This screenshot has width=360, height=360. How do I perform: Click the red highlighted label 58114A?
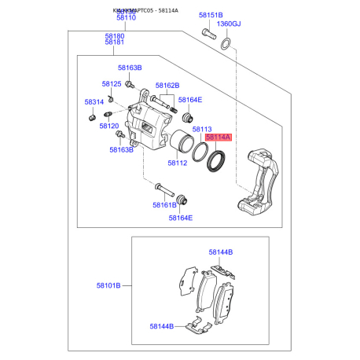219,138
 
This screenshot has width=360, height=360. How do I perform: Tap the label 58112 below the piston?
177,163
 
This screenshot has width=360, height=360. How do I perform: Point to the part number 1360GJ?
229,24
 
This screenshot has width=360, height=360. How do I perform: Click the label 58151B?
210,15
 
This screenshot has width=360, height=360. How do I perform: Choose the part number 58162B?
167,85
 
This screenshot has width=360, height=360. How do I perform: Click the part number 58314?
94,102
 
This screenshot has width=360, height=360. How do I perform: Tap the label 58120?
108,126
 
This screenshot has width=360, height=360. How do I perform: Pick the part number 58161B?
164,205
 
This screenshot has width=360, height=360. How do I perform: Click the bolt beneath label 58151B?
208,34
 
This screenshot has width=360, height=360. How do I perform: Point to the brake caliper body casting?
149,126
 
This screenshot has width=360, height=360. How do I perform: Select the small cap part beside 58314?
93,116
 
